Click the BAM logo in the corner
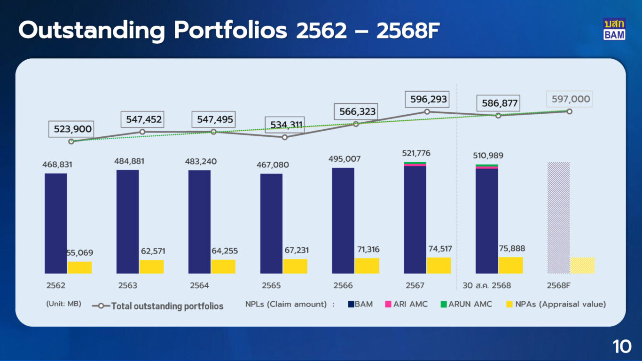coord(614,29)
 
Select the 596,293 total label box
coord(427,100)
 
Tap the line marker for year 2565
coord(285,137)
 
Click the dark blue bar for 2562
coord(56,223)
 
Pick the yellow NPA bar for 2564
coord(223,267)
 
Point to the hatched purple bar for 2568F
coord(558,218)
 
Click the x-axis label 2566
coord(343,285)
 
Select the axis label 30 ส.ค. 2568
coord(486,285)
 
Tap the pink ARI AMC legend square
coord(388,304)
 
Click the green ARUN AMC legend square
coord(443,304)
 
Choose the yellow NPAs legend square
coord(509,304)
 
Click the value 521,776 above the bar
coord(416,153)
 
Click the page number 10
coord(622,347)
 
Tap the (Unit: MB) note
coord(64,304)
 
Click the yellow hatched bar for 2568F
coord(582,265)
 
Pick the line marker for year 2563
coord(142,132)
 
